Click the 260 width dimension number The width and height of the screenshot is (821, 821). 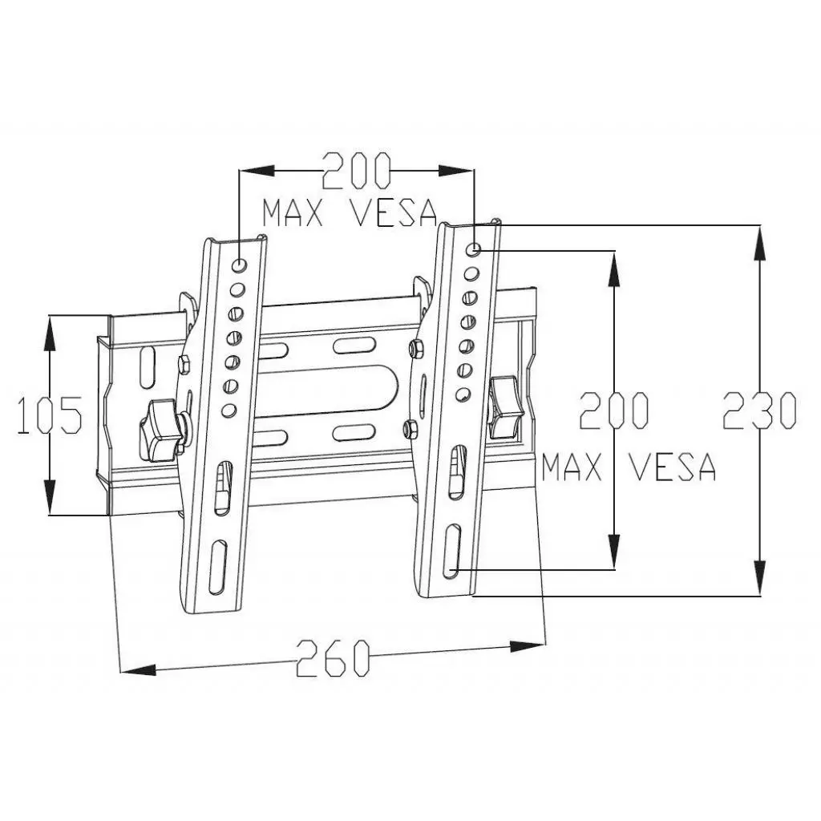click(334, 658)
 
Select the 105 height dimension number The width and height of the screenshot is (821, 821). click(50, 415)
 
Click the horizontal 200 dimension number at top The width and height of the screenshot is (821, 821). click(356, 171)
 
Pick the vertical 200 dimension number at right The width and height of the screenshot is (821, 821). click(613, 410)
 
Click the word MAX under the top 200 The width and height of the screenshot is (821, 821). click(293, 212)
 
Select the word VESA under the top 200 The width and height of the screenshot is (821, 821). click(394, 212)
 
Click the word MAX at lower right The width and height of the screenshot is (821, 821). click(572, 467)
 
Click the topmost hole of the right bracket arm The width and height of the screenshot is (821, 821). click(474, 249)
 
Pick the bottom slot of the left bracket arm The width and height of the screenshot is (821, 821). click(217, 567)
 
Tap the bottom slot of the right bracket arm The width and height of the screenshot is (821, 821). click(452, 549)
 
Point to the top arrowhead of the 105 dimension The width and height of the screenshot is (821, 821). click(50, 330)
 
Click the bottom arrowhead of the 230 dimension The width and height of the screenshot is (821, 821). click(758, 580)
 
